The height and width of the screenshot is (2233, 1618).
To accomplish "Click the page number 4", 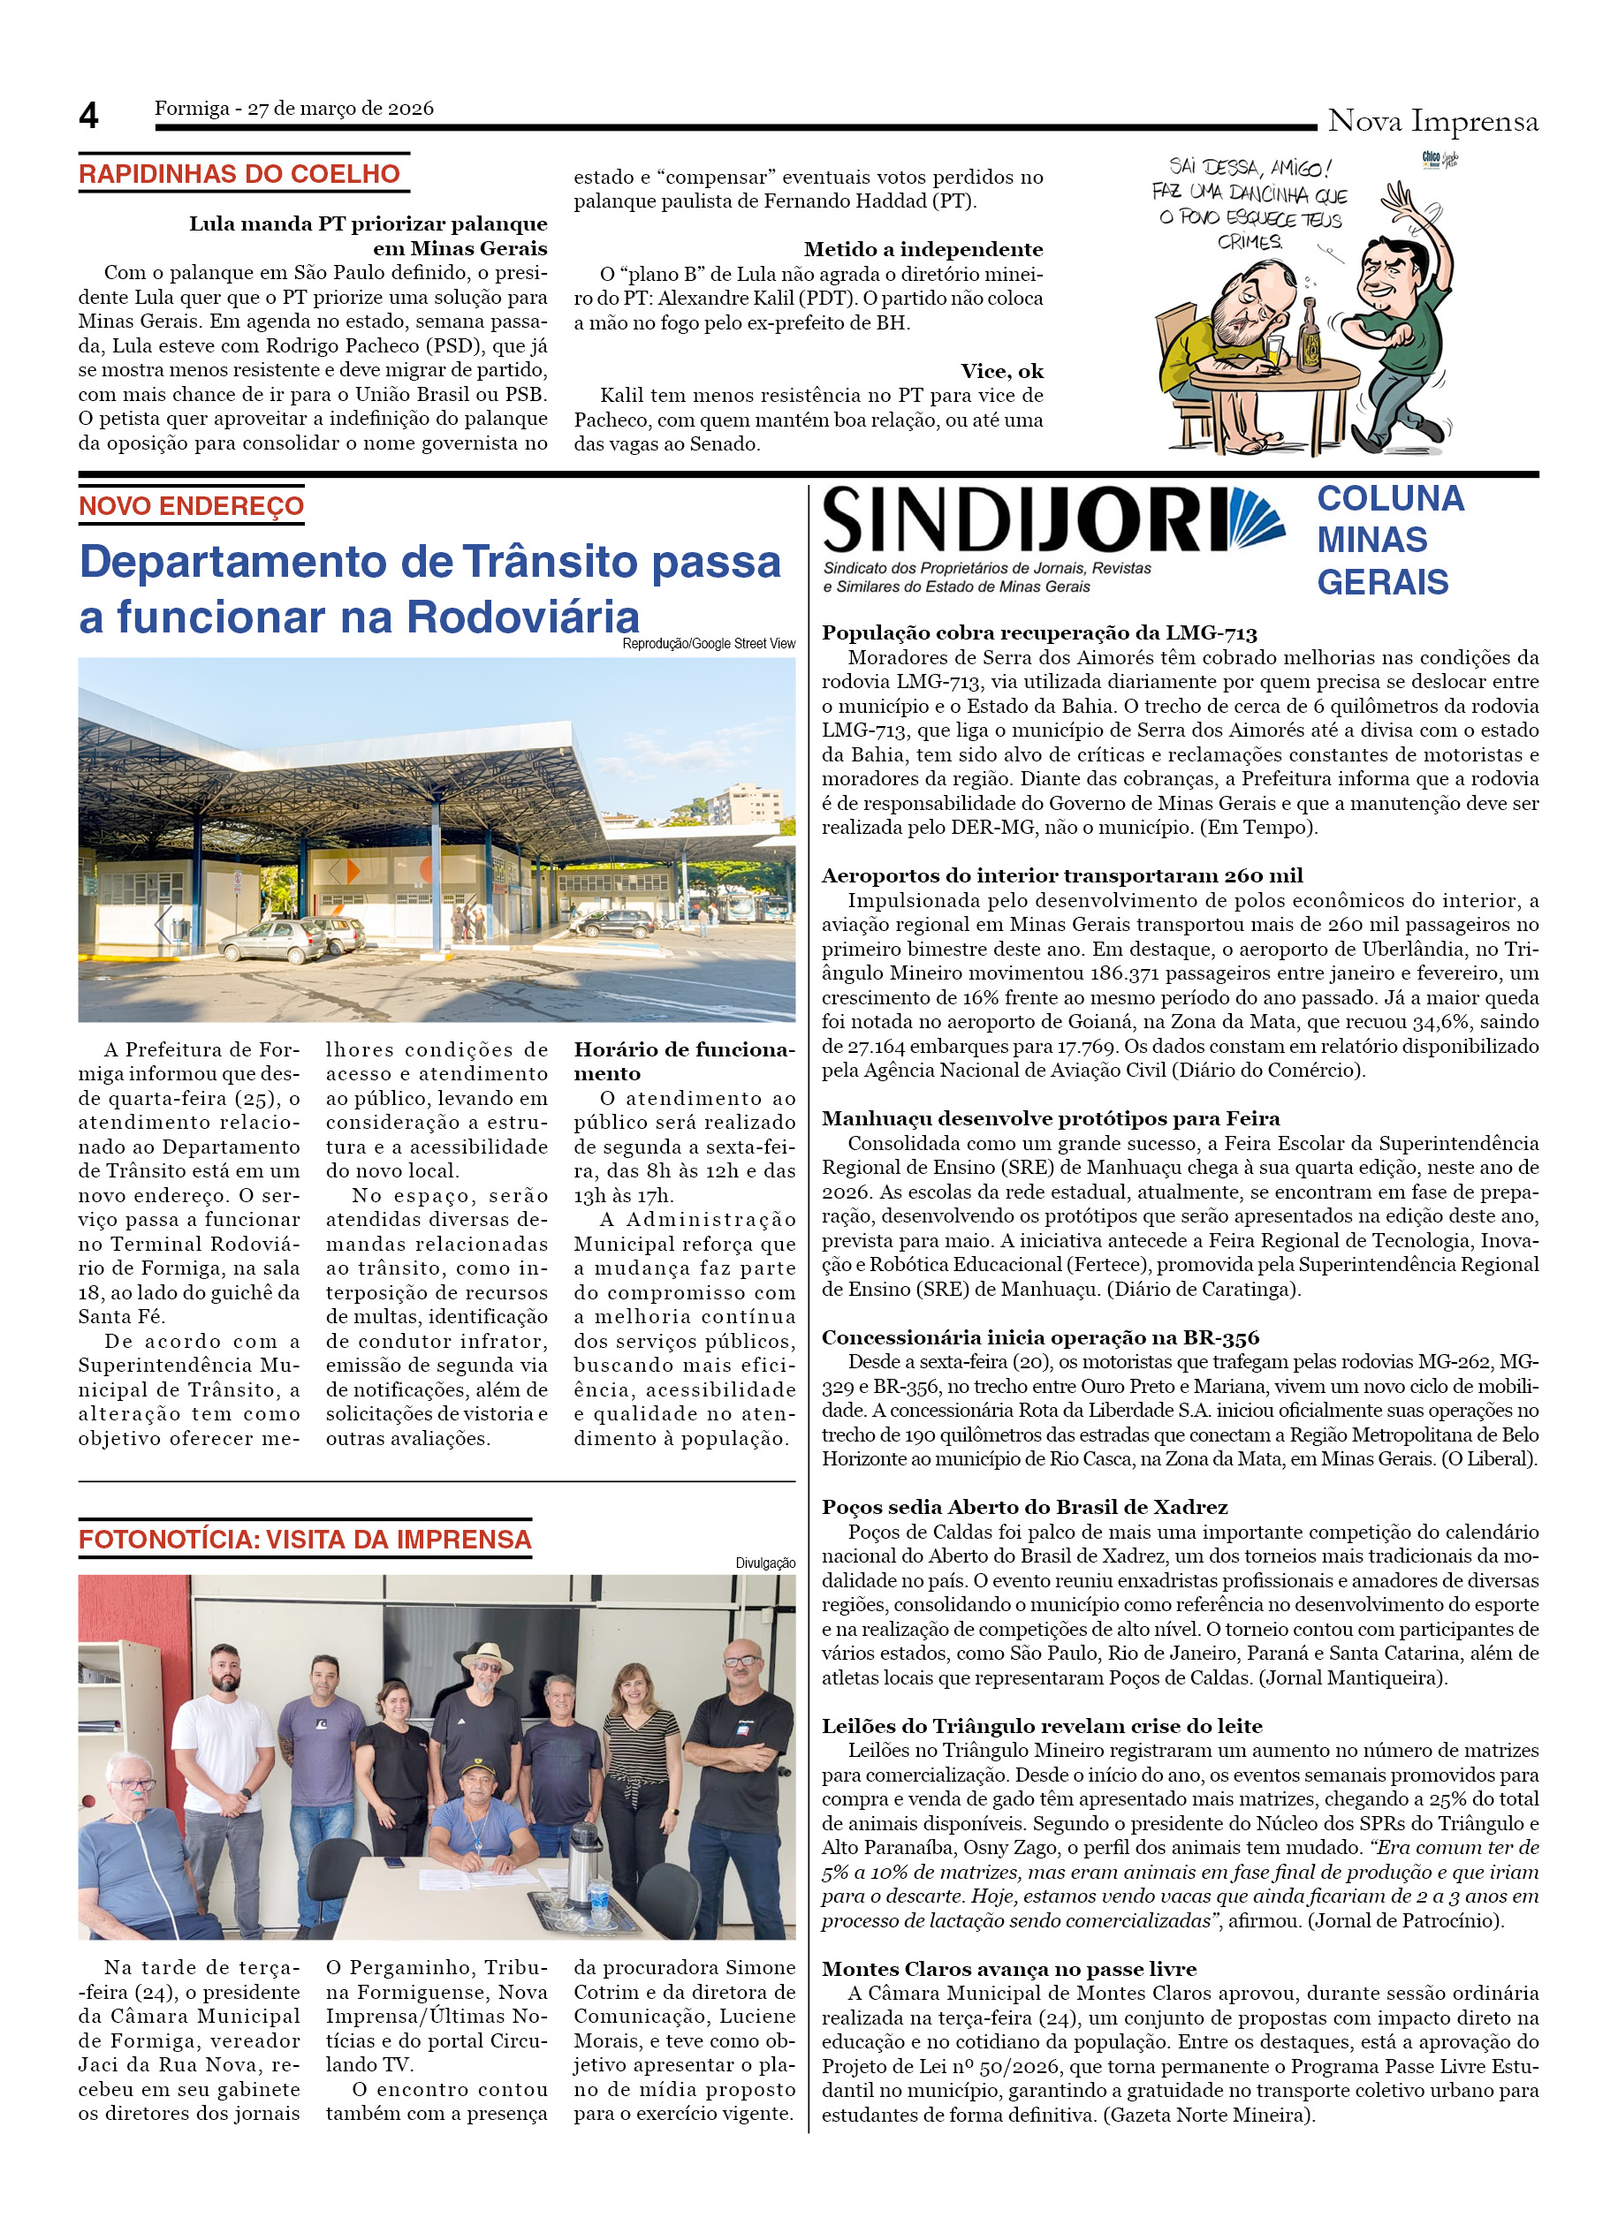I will pos(88,117).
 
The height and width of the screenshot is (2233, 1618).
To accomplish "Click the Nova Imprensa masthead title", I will pos(1432,121).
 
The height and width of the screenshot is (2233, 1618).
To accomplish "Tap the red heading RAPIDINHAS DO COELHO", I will pos(239,174).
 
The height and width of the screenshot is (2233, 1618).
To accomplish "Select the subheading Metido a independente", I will pos(923,249).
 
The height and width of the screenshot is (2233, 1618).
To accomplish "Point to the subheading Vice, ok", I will pos(1001,371).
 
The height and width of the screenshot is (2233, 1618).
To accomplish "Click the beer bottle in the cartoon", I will pos(1309,340).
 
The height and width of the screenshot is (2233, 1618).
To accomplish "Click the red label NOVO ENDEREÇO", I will pos(191,506).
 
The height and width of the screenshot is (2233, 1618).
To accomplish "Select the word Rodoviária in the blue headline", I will pos(523,617).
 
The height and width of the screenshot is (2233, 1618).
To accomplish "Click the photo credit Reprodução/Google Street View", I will pos(708,644).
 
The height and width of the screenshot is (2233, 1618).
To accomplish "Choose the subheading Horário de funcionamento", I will pos(683,1062).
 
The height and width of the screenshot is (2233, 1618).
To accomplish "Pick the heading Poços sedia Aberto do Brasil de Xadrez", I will pos(1024,1508).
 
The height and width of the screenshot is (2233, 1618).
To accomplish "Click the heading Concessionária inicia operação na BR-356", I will pos(1040,1337).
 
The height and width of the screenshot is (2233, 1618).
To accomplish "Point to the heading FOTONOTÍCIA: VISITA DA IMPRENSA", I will pos(305,1540).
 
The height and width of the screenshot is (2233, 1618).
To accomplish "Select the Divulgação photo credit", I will pos(765,1563).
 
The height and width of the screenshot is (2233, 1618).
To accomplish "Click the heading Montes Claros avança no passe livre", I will pos(1008,1968).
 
